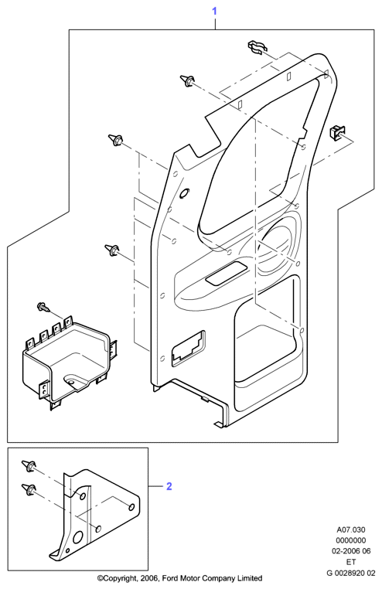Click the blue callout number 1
[x=214, y=12]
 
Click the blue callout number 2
[x=169, y=486]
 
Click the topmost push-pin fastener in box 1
[x=187, y=80]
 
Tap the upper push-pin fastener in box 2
[x=29, y=466]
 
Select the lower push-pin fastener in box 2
[x=29, y=489]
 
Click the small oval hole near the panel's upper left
[x=185, y=193]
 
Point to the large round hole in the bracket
[x=79, y=537]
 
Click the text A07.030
[x=350, y=530]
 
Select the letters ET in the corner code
[x=351, y=562]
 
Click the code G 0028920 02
[x=351, y=574]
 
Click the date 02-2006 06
[x=351, y=551]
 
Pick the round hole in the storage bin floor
[x=71, y=380]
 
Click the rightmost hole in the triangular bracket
[x=131, y=507]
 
